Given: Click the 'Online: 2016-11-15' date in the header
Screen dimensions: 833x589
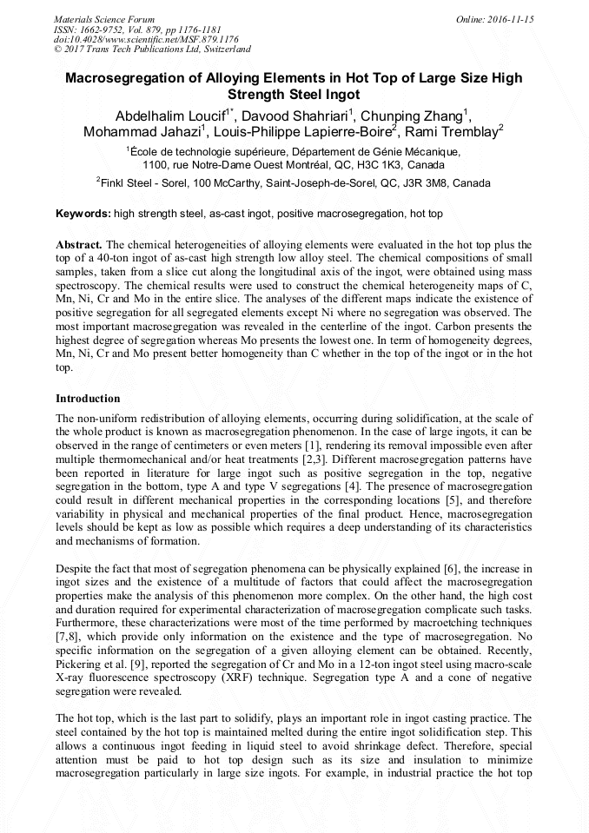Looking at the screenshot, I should tap(494, 18).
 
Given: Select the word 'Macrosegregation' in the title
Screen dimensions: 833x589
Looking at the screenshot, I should tap(130, 77).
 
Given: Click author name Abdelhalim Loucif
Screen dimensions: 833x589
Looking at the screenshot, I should tap(169, 116).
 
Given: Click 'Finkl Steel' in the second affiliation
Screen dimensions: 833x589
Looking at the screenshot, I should tap(129, 184).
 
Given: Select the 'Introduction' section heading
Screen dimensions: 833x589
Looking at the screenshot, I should tap(88, 399).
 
